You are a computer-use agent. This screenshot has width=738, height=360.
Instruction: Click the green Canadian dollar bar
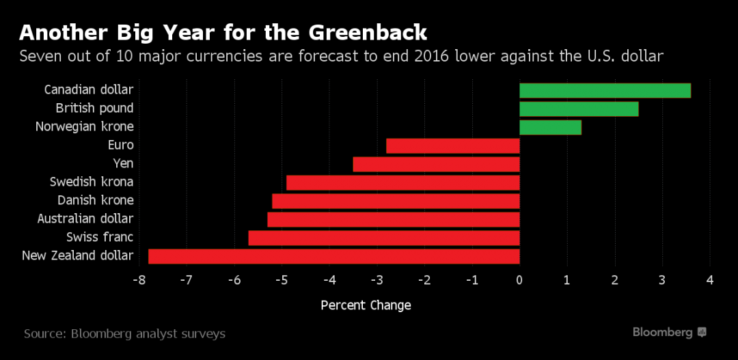pyautogui.click(x=605, y=90)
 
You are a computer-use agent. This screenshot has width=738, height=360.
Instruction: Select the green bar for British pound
pyautogui.click(x=579, y=109)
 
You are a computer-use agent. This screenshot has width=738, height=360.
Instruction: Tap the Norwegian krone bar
pyautogui.click(x=550, y=127)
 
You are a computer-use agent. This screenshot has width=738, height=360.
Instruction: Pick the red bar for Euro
pyautogui.click(x=453, y=146)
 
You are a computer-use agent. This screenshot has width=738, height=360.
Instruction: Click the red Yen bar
pyautogui.click(x=436, y=164)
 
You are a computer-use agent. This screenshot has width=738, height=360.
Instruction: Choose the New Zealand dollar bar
pyautogui.click(x=334, y=256)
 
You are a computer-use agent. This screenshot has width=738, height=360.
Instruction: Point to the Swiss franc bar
pyautogui.click(x=384, y=238)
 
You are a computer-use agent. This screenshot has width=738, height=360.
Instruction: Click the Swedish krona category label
pyautogui.click(x=92, y=182)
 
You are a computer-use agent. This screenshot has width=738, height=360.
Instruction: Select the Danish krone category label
pyautogui.click(x=96, y=200)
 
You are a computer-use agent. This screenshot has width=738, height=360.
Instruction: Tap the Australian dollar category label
pyautogui.click(x=85, y=219)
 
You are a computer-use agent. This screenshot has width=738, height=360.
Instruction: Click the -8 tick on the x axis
pyautogui.click(x=139, y=281)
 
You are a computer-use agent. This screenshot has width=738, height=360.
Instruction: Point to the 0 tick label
pyautogui.click(x=520, y=281)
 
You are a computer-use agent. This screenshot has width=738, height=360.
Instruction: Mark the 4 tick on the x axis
pyautogui.click(x=710, y=281)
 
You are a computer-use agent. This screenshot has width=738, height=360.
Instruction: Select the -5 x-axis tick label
pyautogui.click(x=282, y=281)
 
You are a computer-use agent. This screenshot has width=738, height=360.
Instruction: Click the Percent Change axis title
pyautogui.click(x=366, y=305)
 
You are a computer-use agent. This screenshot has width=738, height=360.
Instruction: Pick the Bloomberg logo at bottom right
pyautogui.click(x=669, y=332)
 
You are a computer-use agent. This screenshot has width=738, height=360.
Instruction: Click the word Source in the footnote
pyautogui.click(x=45, y=334)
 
